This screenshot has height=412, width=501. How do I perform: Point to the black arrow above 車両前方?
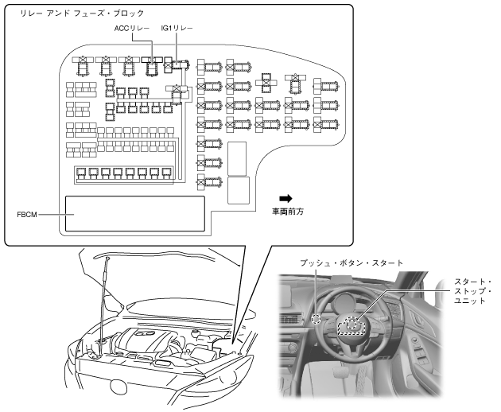click(x=285, y=197)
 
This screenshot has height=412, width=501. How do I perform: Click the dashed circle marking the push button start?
click(x=317, y=320)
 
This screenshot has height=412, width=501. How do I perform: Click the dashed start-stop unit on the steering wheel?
click(x=353, y=324)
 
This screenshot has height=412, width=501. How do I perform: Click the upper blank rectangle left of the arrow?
click(x=238, y=157)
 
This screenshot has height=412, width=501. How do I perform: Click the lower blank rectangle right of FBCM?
click(x=238, y=191)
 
